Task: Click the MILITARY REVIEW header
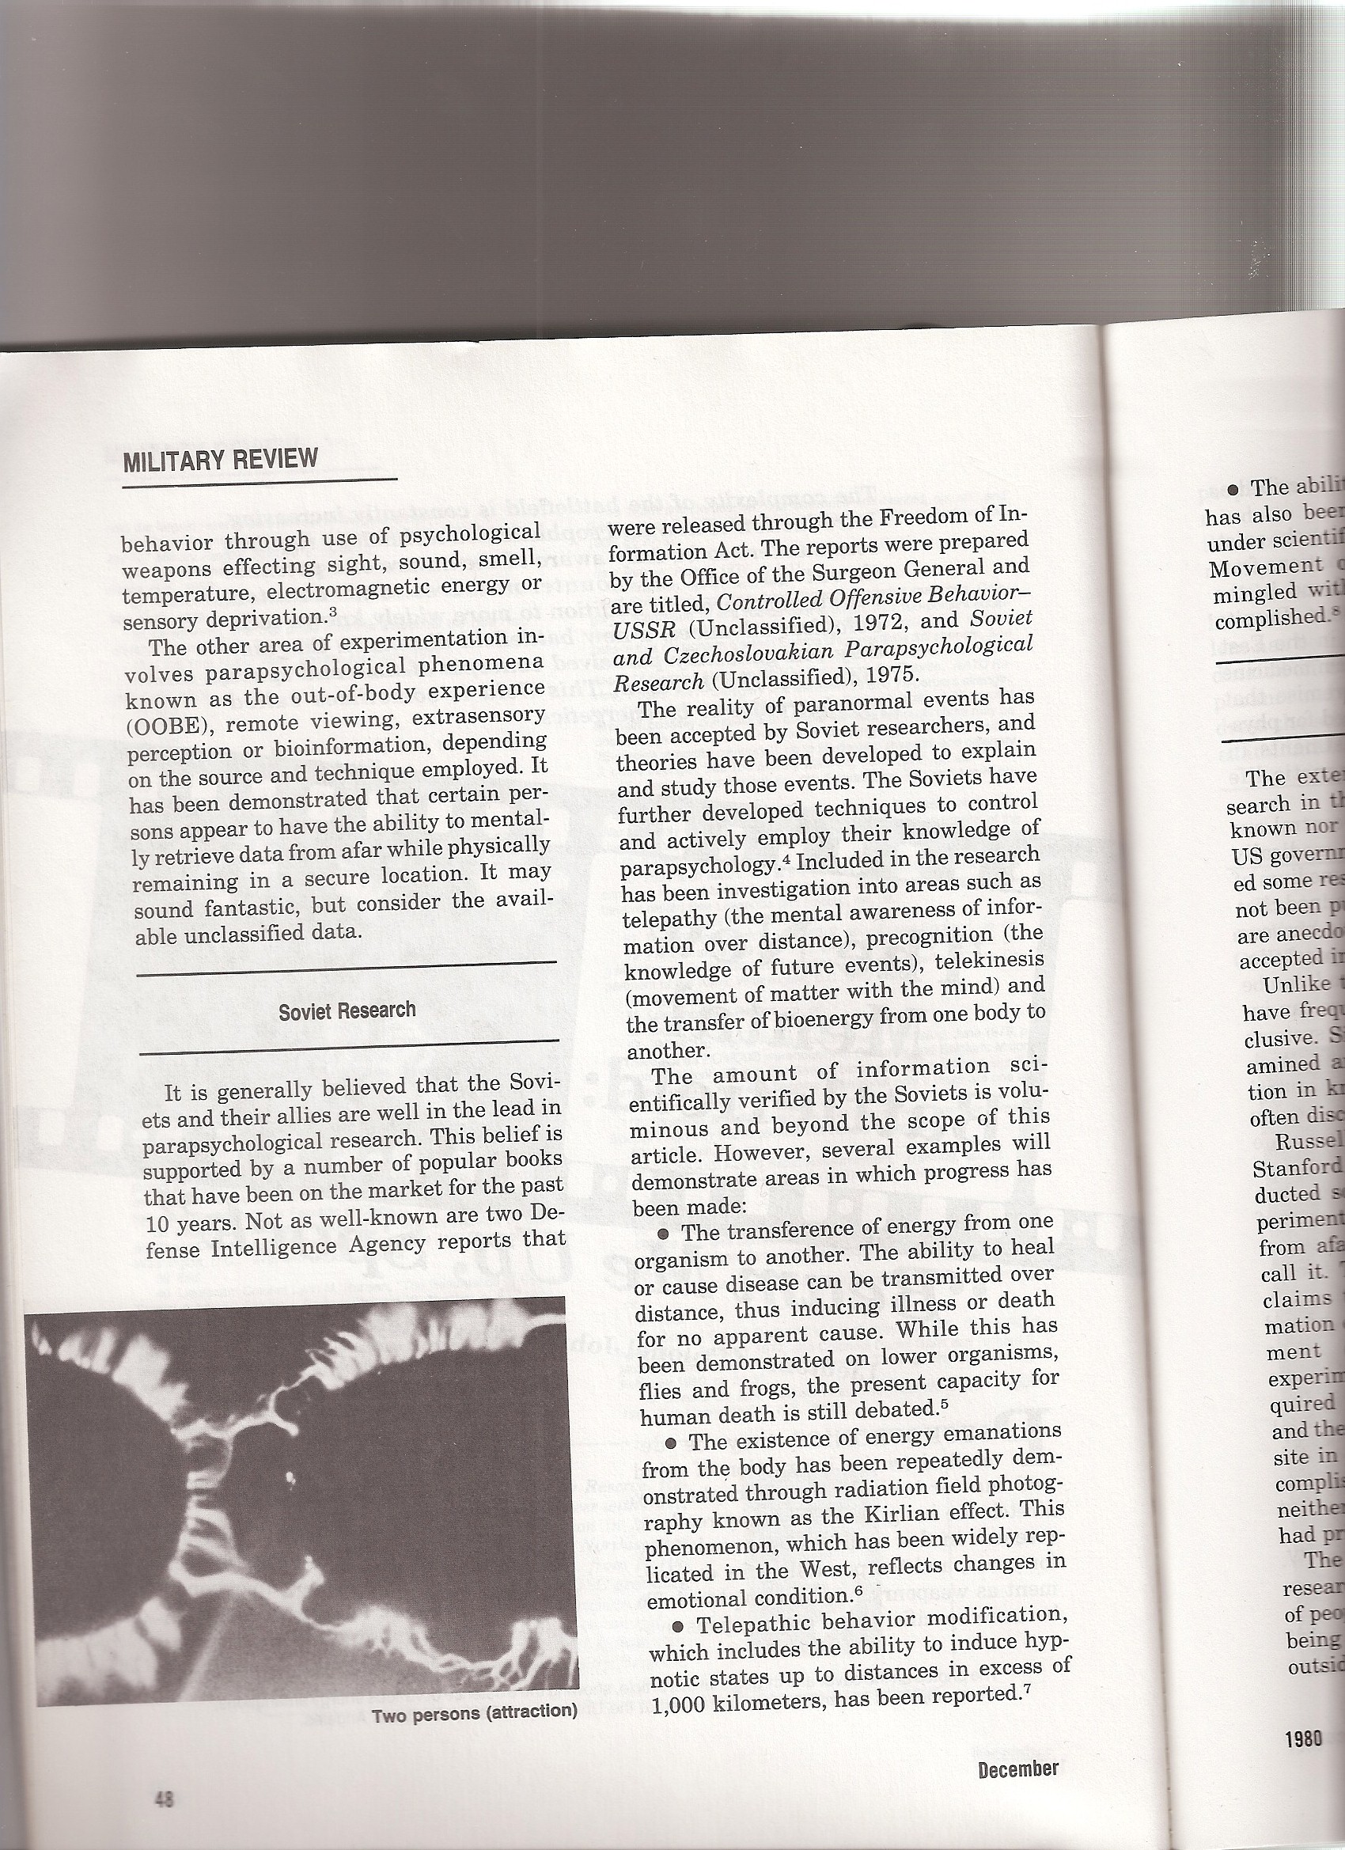(x=219, y=459)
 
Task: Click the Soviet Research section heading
(x=347, y=1010)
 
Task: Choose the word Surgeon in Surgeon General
(x=841, y=569)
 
